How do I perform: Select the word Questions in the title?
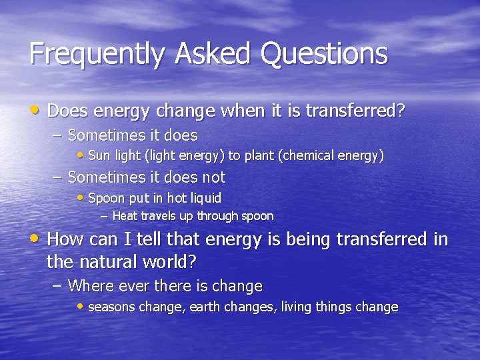(324, 54)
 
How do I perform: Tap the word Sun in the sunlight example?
(99, 156)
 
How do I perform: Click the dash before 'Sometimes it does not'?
(57, 177)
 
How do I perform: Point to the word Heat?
(125, 216)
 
